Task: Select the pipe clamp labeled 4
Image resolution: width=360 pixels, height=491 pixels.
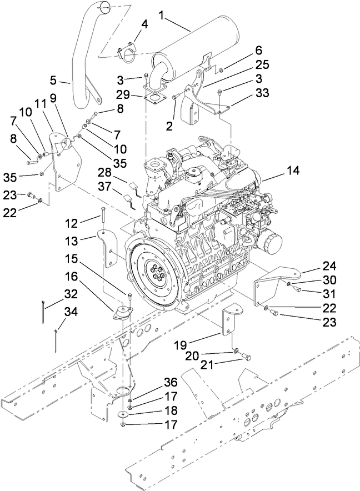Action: tap(128, 53)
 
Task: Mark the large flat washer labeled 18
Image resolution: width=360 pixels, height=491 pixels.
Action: tap(124, 414)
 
